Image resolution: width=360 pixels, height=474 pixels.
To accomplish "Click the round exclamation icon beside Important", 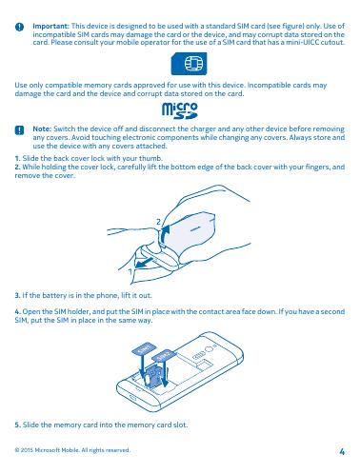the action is point(19,27).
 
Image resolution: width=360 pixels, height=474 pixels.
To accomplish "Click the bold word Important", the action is point(50,26).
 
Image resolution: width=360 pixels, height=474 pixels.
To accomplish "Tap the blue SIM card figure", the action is point(189,64).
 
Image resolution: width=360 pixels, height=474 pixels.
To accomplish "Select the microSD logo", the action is point(180,110).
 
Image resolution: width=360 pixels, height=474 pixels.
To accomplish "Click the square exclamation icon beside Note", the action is point(19,130).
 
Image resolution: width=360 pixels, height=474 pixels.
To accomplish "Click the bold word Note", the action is point(42,128).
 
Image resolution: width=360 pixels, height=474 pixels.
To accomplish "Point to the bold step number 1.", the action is point(17,158).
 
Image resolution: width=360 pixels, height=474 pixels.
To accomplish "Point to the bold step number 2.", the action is point(18,167).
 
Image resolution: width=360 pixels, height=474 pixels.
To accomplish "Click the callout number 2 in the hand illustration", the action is point(158,222).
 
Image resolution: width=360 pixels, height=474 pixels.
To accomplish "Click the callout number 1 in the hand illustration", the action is point(130,271).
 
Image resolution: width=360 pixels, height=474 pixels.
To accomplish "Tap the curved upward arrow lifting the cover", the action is point(164,235).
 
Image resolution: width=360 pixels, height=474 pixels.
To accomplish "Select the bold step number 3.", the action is point(17,295).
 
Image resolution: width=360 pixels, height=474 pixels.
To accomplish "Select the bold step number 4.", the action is point(18,311).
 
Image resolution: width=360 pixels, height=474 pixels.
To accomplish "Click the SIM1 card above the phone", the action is point(143,348).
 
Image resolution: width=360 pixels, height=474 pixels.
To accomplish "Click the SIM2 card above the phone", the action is point(163,355).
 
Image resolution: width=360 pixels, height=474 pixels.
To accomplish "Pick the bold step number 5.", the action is point(18,425).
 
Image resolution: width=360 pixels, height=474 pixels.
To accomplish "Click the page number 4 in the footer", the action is point(342,451).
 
